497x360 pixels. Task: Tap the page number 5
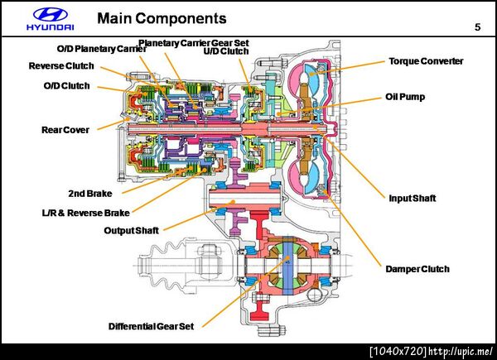point(477,27)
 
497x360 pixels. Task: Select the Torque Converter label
point(426,61)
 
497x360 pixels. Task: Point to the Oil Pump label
point(405,97)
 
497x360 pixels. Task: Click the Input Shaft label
point(412,198)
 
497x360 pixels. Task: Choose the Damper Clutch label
point(417,269)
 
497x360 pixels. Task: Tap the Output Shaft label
point(131,230)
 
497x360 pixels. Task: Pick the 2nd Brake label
point(90,193)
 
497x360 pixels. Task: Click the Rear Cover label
point(65,130)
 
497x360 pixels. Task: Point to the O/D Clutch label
point(66,85)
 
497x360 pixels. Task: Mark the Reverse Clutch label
point(61,66)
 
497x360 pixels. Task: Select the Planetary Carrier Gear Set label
point(193,42)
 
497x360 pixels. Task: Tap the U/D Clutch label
point(226,50)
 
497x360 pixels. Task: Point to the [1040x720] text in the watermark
point(398,351)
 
